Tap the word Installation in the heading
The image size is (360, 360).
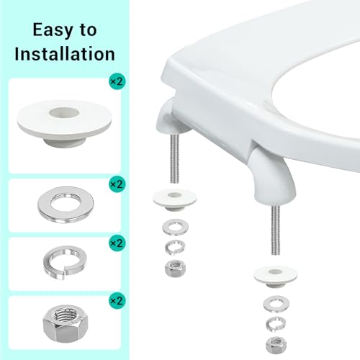65,54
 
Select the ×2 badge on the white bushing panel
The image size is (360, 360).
117,81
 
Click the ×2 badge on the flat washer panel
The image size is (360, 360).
117,184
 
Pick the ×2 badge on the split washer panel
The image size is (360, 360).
117,243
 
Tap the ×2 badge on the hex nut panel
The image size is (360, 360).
117,300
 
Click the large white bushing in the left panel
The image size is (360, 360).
64,123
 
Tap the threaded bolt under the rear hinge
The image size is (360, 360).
174,158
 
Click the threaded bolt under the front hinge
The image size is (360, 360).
276,230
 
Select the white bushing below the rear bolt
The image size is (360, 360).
175,199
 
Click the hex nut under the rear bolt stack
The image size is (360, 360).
175,269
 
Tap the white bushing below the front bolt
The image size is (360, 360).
276,276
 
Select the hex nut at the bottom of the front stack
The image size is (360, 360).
276,345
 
